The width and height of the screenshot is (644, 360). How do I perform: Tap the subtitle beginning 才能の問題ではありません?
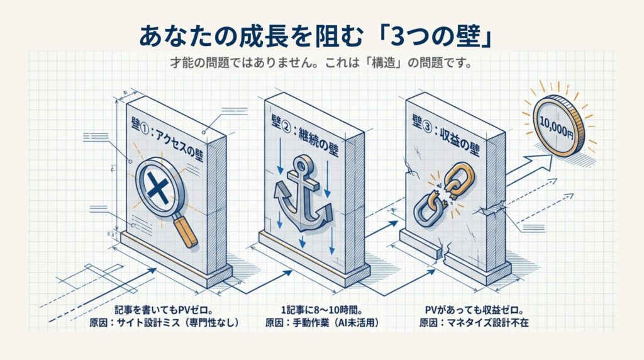click(321, 64)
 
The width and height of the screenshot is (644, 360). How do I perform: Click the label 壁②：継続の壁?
click(306, 135)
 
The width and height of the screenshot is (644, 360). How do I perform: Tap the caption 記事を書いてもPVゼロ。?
click(165, 310)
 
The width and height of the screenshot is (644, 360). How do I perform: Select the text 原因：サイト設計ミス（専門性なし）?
click(165, 324)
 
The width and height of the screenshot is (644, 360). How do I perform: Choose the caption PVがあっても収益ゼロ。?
click(476, 310)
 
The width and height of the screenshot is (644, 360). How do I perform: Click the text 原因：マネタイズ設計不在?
click(476, 324)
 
